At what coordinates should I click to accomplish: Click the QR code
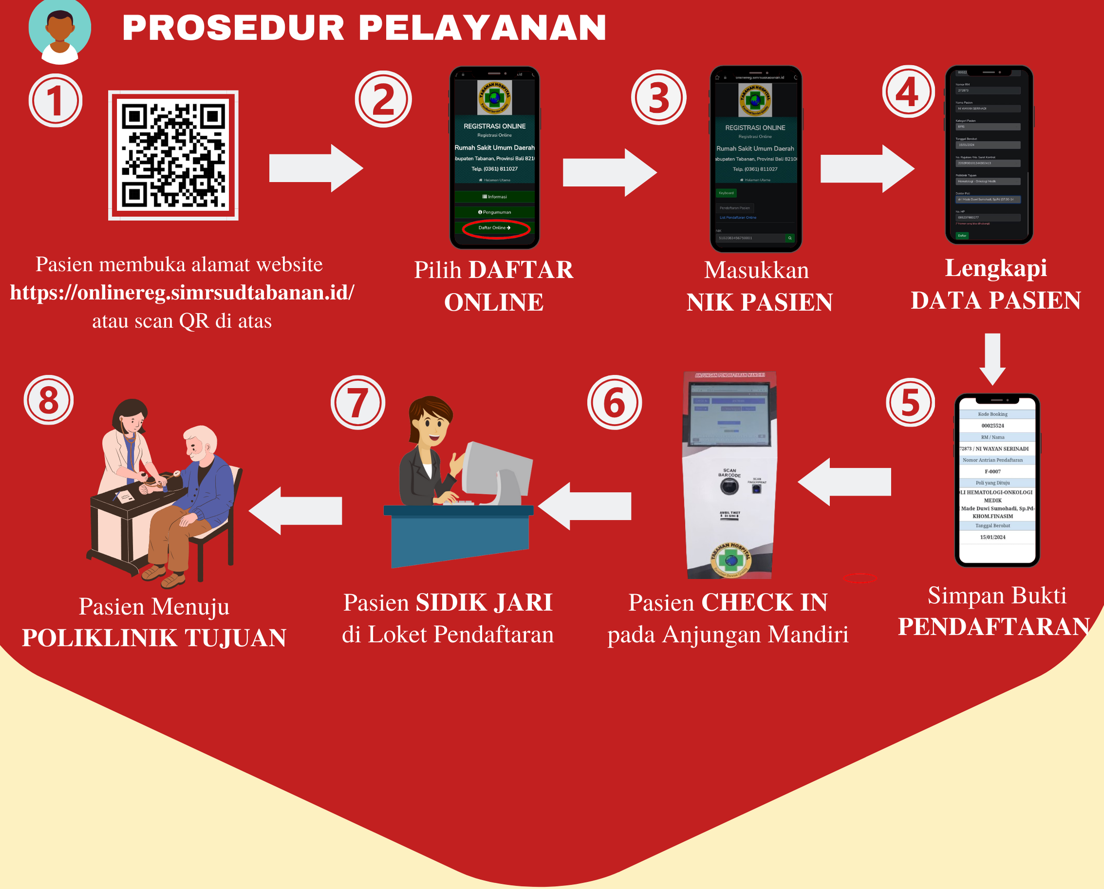pos(173,155)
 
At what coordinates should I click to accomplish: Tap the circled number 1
pos(56,100)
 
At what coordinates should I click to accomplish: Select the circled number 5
pos(911,402)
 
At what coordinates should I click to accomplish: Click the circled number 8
pos(49,400)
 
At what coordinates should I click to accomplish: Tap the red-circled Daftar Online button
pos(495,228)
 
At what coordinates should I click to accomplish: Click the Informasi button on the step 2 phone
pos(495,197)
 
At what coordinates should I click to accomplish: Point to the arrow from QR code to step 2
pos(316,168)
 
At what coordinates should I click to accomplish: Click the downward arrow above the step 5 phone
pos(992,359)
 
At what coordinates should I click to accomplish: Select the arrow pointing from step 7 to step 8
pos(296,511)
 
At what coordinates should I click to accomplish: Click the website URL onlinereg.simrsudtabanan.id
pos(182,292)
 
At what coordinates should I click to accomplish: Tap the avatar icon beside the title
pos(60,32)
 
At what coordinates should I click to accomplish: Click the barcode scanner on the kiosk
pos(729,486)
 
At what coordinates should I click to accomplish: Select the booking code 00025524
pos(992,426)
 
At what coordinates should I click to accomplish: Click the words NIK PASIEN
pos(759,302)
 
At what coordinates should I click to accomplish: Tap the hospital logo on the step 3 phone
pos(755,100)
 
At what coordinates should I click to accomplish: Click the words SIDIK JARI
pos(484,602)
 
